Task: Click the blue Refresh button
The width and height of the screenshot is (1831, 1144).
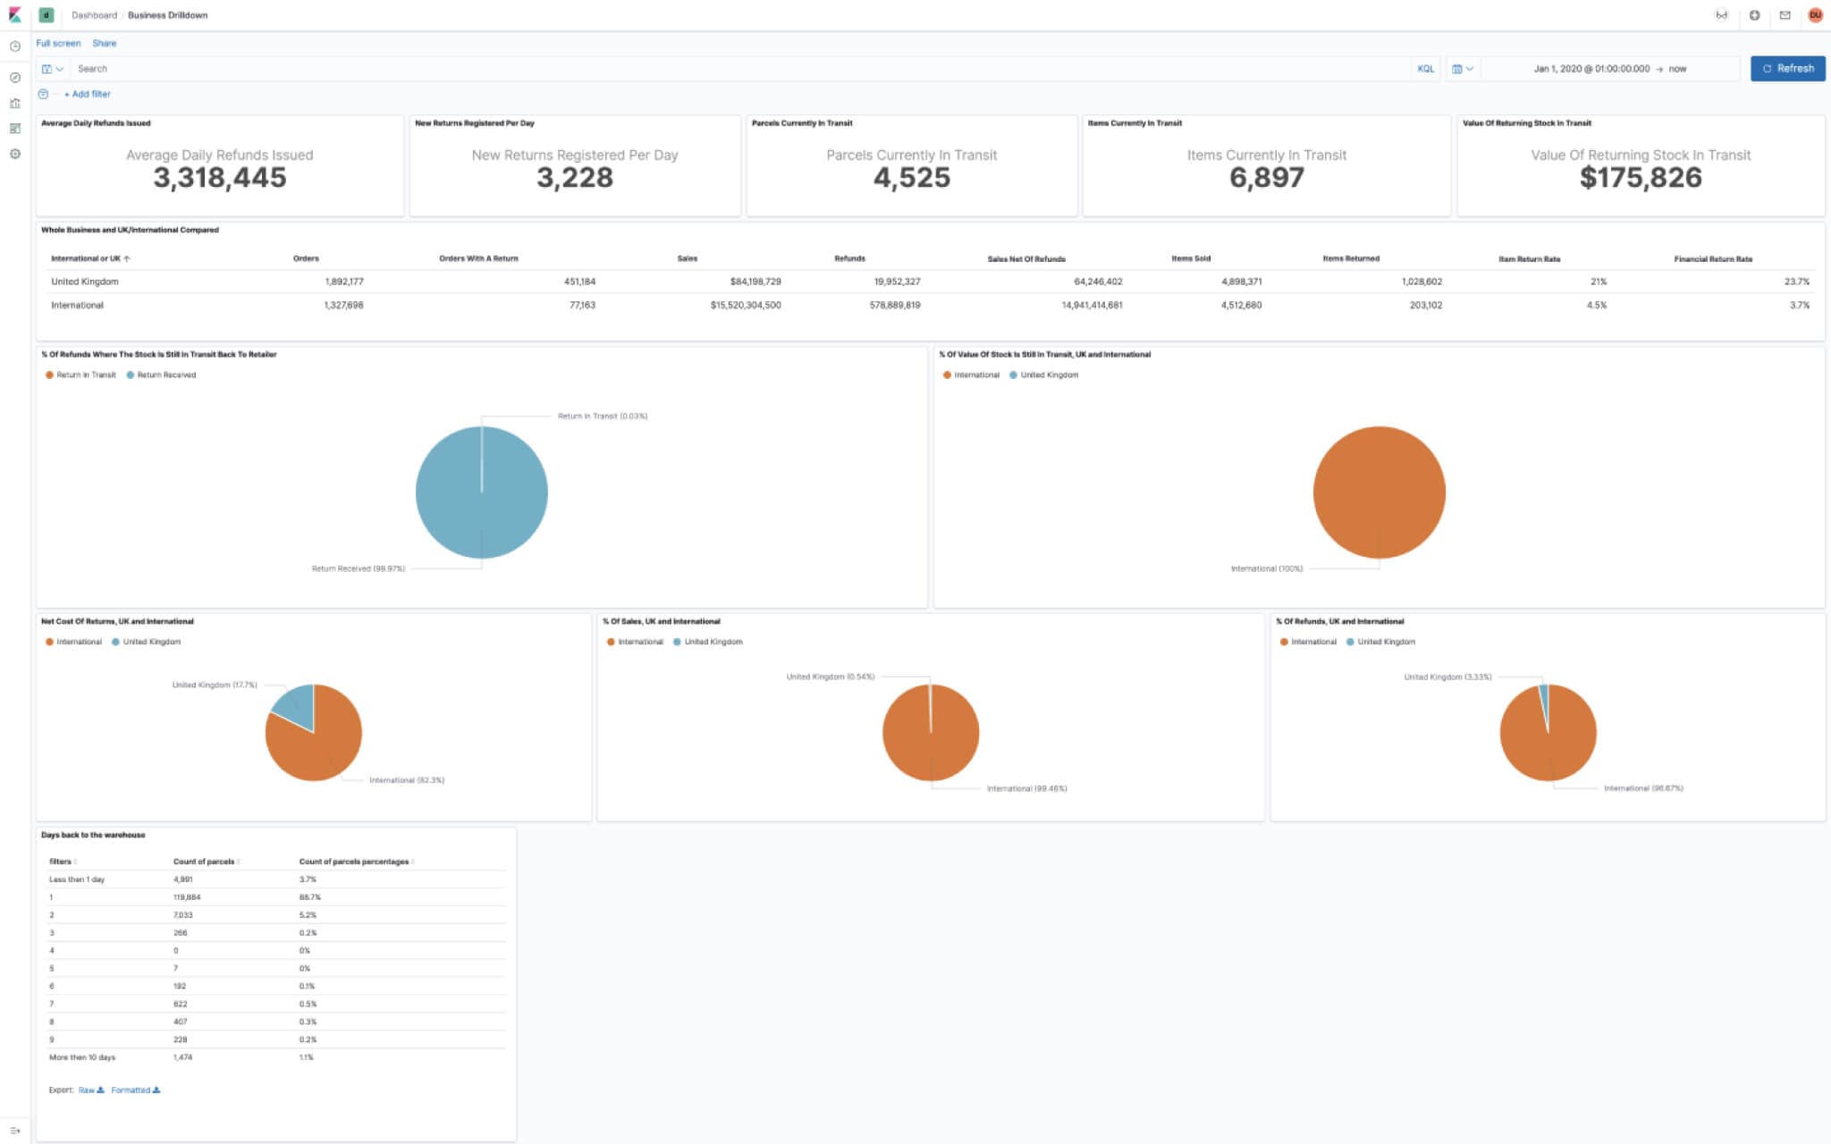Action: pos(1787,69)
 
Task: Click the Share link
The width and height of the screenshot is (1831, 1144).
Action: pos(104,43)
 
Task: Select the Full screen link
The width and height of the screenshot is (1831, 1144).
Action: pos(58,43)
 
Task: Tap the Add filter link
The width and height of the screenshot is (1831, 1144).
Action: pos(88,94)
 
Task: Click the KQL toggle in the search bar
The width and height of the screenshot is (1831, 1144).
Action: pos(1425,69)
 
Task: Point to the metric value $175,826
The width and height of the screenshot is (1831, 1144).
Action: pos(1641,178)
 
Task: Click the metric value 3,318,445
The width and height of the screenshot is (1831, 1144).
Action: pos(220,178)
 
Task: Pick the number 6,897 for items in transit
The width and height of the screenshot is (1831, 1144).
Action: pos(1266,178)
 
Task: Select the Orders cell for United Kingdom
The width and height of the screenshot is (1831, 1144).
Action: pos(344,282)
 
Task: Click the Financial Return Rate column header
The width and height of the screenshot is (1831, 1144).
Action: pos(1712,259)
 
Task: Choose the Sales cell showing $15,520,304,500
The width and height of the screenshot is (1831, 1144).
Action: pos(746,306)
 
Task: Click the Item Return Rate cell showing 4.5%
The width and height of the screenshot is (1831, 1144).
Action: pos(1596,306)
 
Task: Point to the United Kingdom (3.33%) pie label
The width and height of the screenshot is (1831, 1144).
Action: pos(1447,677)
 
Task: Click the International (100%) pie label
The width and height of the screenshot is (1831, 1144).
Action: pos(1266,568)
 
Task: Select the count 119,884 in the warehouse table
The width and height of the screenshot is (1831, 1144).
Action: pos(187,897)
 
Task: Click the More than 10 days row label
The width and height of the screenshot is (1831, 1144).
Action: pos(82,1057)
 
